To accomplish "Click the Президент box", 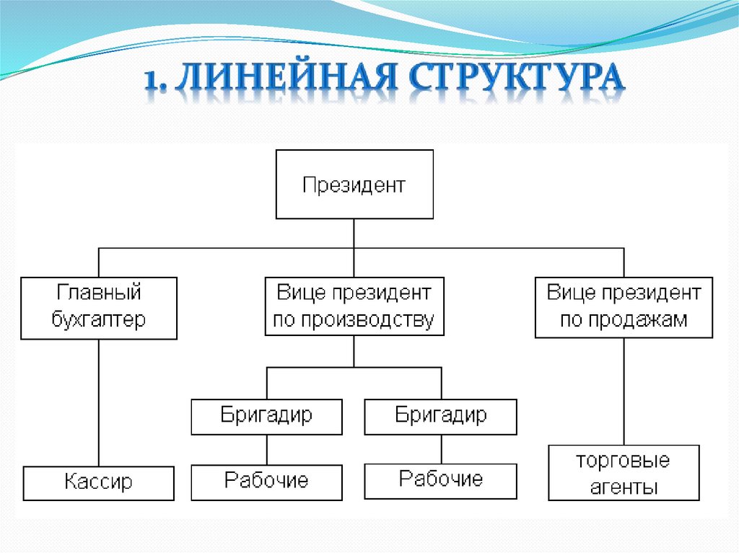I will point(354,185).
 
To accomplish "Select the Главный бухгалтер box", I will point(99,307).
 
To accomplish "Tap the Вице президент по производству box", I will point(354,307).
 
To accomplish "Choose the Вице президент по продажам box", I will point(624,307).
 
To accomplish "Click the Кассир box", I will point(99,483).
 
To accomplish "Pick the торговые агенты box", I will point(624,473).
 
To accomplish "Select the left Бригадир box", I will point(266,417).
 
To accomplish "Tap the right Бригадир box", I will point(441,417).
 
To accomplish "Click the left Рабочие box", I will point(266,482).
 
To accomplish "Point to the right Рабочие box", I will point(441,480).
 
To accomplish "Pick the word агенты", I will point(624,486).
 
